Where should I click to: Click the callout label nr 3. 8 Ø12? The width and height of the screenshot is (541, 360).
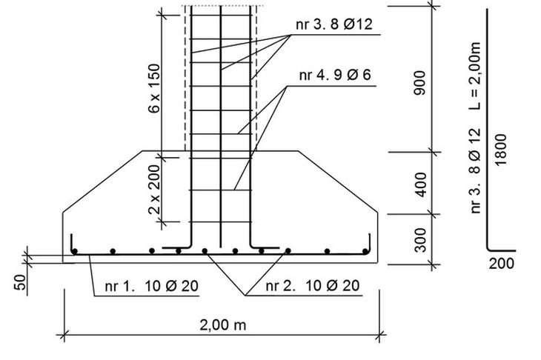[x=334, y=24]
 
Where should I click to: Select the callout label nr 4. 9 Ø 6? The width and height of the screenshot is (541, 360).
[x=335, y=75]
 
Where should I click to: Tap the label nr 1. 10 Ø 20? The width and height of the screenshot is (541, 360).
[x=151, y=286]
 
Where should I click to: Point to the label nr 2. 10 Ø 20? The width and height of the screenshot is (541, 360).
[x=312, y=285]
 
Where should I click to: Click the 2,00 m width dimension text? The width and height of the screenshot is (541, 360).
[x=223, y=325]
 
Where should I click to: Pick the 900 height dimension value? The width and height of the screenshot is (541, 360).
[x=420, y=82]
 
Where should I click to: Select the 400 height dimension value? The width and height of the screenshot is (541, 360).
[x=421, y=185]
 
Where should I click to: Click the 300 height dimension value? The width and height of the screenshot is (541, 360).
[x=421, y=240]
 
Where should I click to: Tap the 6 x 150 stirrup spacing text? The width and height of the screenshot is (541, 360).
[x=154, y=88]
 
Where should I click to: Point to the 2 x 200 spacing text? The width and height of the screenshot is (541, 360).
[x=154, y=190]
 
